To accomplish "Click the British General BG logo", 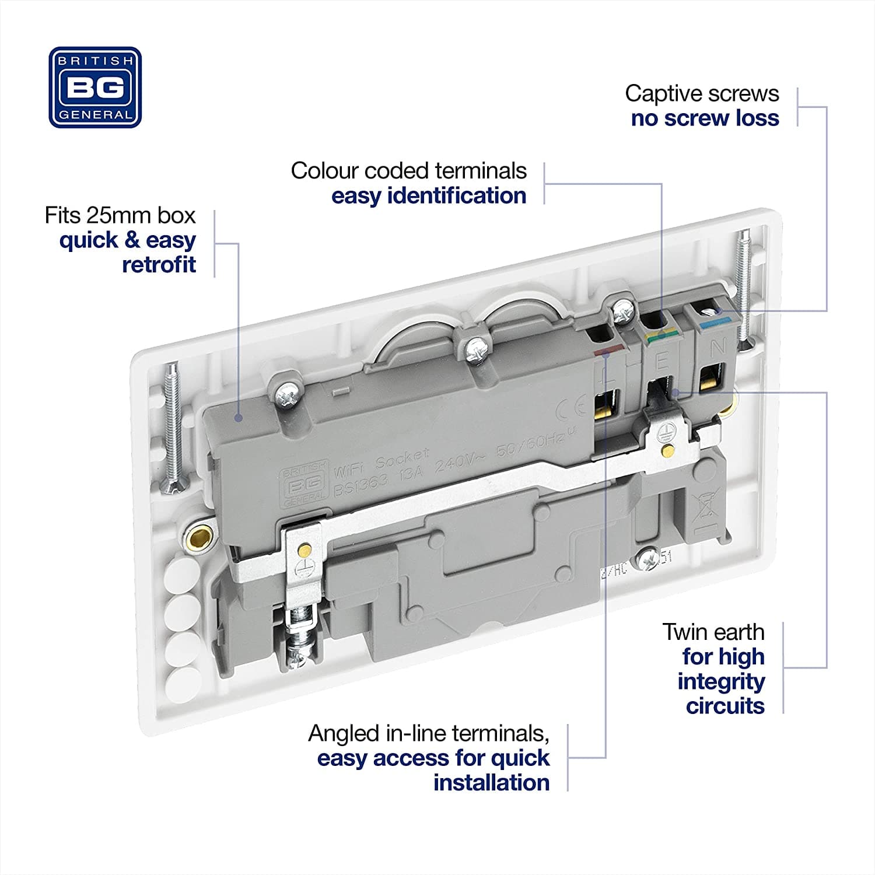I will click(95, 87).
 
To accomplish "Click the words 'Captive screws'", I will click(702, 93).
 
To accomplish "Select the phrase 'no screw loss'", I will click(705, 118).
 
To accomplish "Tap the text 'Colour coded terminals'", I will click(408, 171).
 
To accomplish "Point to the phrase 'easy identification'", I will click(429, 196).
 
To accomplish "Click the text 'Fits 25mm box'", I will click(120, 216).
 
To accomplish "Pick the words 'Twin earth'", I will click(713, 632).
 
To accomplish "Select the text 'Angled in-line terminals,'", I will click(429, 733).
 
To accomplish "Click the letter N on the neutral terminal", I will click(717, 346).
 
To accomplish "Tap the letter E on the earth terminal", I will click(662, 362).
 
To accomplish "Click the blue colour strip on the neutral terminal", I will click(710, 321).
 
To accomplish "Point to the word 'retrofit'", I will click(159, 265).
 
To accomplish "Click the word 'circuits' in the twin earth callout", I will click(724, 706).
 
